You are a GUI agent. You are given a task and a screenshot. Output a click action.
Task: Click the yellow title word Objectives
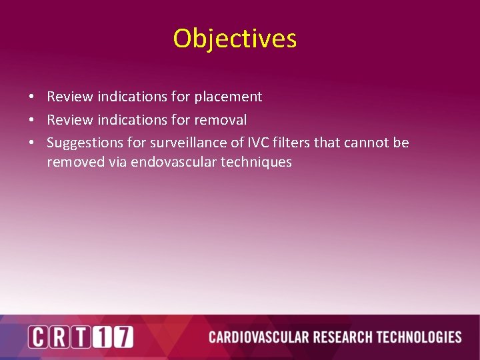[x=235, y=39]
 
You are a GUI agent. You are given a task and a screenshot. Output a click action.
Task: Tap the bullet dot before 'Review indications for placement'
[x=31, y=97]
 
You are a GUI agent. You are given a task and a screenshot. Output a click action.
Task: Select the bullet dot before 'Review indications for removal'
[x=31, y=121]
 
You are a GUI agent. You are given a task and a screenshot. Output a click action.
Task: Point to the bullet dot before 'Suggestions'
[x=31, y=143]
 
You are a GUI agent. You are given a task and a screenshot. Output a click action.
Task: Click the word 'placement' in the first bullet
[x=228, y=97]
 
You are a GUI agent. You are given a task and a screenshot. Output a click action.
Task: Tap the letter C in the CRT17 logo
[x=38, y=337]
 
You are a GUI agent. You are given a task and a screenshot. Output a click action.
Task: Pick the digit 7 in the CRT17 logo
[x=123, y=337]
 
